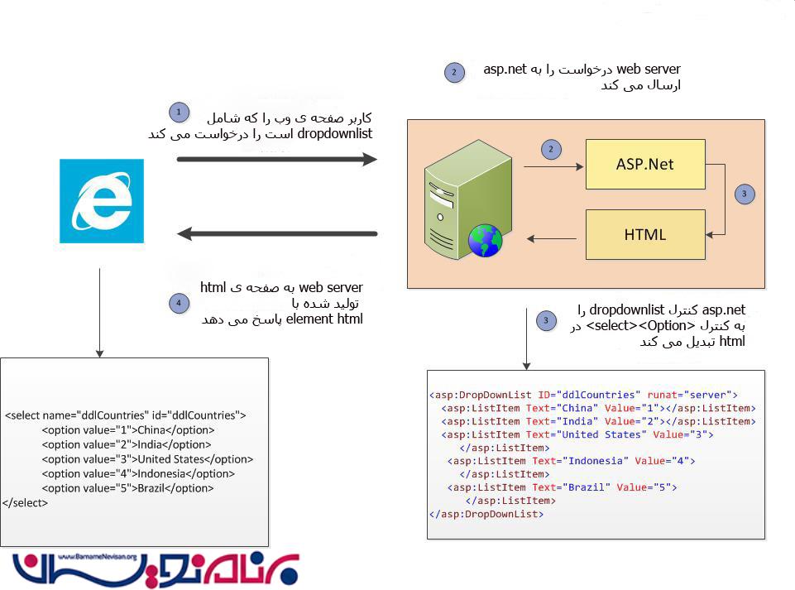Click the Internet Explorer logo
click(102, 201)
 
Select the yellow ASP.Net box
click(645, 165)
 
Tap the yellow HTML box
click(645, 235)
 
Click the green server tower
click(467, 199)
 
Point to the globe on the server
click(486, 241)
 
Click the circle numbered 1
click(179, 112)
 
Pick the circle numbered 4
click(179, 304)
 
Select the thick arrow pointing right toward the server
click(277, 160)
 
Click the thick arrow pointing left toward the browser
click(277, 234)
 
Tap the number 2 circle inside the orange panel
click(551, 150)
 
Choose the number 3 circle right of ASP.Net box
click(745, 194)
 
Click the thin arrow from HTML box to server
click(552, 238)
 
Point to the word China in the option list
click(151, 430)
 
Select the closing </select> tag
click(25, 503)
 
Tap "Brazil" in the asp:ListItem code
click(586, 487)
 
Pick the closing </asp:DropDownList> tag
click(486, 514)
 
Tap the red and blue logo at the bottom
click(156, 570)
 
